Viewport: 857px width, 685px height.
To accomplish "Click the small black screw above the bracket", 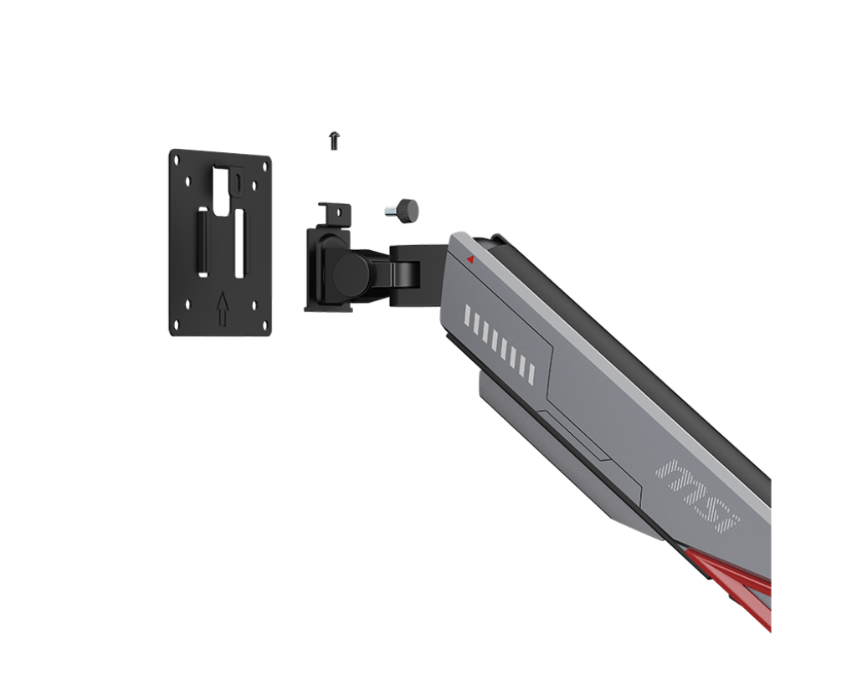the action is [x=334, y=140].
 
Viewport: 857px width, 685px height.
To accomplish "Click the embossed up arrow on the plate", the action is [x=222, y=309].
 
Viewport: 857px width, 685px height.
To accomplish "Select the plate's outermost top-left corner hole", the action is [x=177, y=159].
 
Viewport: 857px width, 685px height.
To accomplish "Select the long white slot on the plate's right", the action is [x=239, y=243].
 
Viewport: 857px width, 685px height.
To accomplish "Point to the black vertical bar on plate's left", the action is [x=203, y=241].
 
